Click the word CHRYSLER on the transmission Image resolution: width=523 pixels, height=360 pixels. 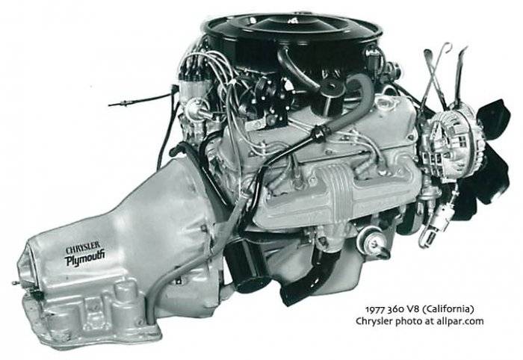pos(83,248)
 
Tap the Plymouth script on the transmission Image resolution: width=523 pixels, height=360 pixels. pos(84,258)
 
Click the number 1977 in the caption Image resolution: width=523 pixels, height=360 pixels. pos(376,309)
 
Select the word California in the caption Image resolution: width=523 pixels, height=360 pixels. pos(448,309)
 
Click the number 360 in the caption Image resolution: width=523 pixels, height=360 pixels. pos(395,309)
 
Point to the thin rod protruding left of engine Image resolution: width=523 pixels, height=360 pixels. pos(140,99)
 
